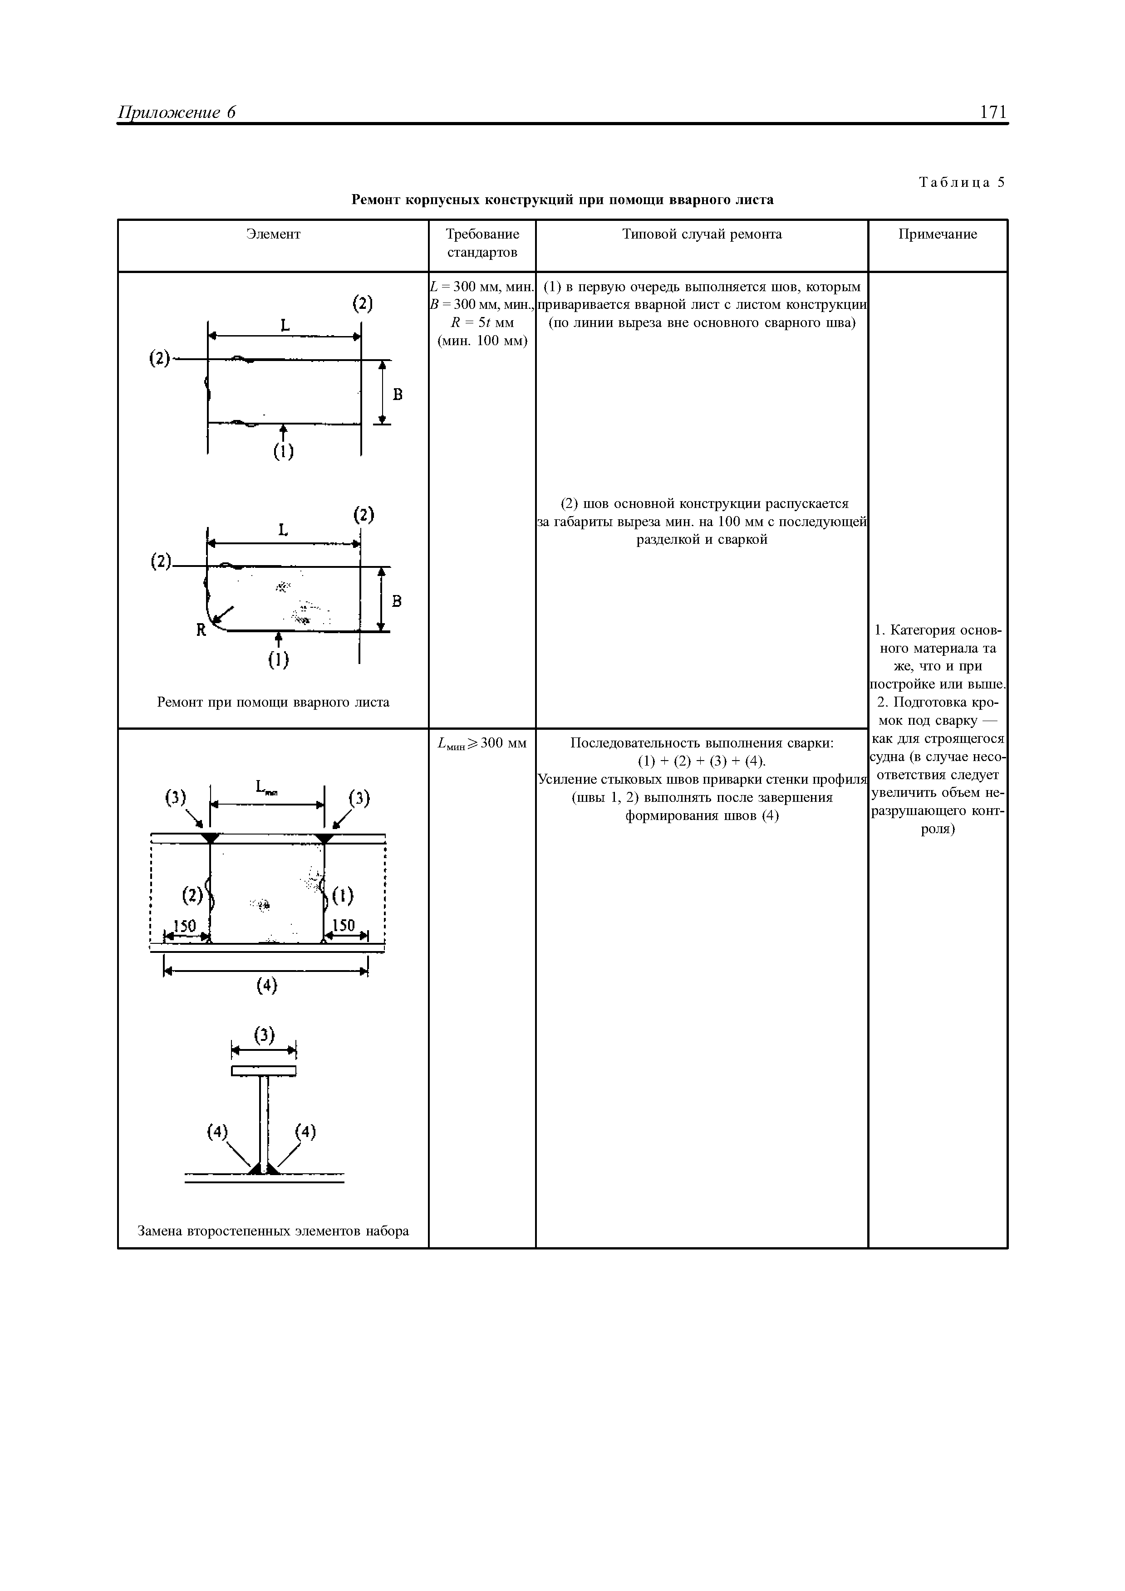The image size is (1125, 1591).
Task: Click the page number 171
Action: [993, 112]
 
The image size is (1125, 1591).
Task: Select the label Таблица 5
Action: [962, 182]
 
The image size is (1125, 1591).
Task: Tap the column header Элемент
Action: [273, 234]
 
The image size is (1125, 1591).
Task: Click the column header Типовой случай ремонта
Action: [702, 234]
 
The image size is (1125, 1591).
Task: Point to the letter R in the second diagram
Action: [201, 630]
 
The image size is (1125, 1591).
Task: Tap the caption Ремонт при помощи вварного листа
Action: [273, 702]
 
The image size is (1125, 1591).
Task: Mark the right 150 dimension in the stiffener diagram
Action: [344, 925]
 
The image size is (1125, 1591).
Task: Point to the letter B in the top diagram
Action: [398, 394]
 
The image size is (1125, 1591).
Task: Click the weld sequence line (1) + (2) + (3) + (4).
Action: [702, 761]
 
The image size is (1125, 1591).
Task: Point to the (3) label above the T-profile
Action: [264, 1035]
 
